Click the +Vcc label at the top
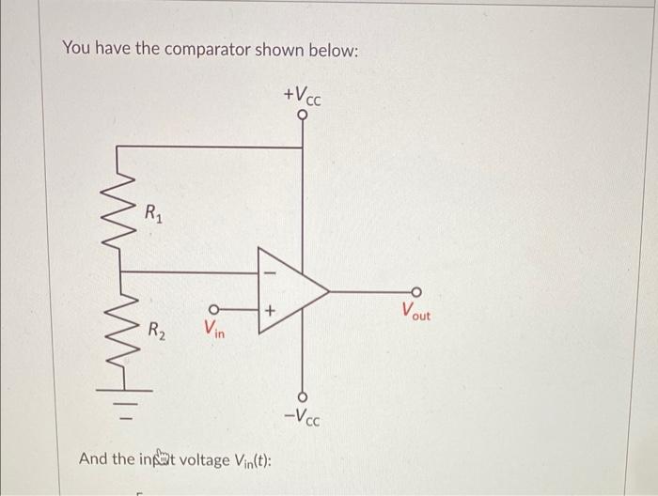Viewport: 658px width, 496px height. (x=302, y=96)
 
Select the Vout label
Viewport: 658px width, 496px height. (x=415, y=311)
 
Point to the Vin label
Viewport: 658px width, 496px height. (x=213, y=329)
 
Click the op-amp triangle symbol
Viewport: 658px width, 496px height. (x=288, y=291)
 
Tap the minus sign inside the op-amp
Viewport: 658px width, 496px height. (x=271, y=272)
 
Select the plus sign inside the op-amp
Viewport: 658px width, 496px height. (x=271, y=308)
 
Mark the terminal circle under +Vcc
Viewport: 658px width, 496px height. (x=302, y=117)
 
